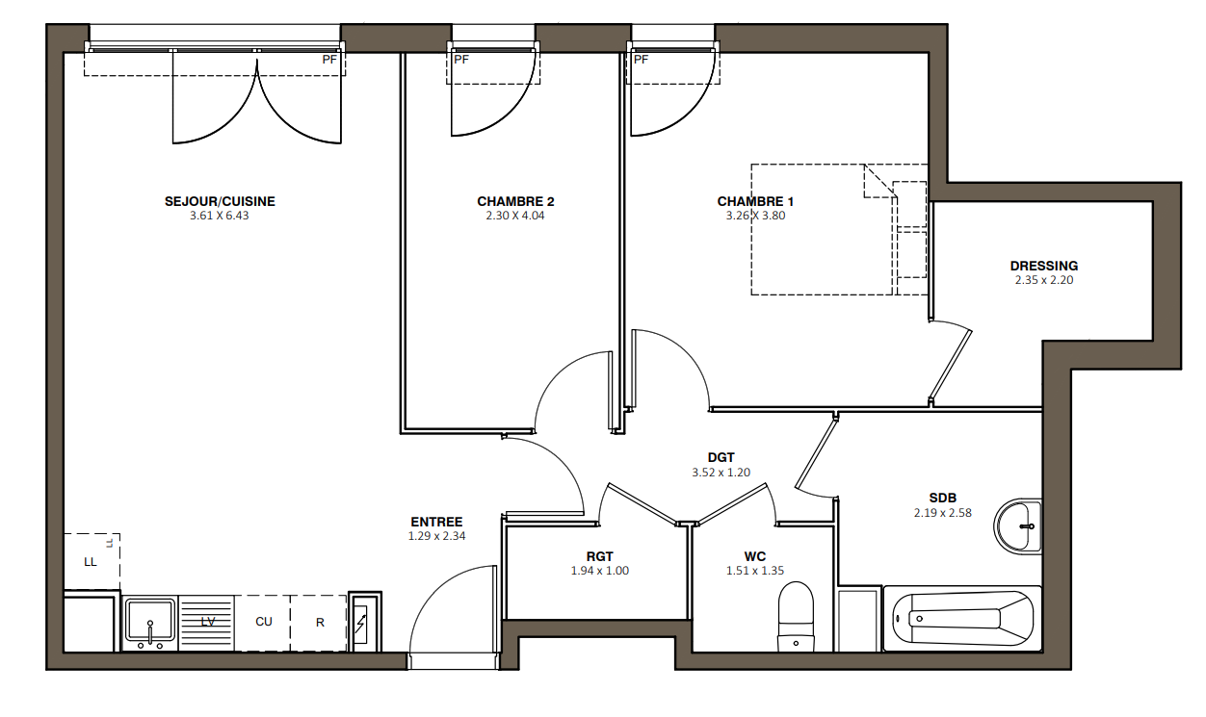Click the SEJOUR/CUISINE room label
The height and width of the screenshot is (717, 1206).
[220, 201]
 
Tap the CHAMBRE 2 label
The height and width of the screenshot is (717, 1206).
[515, 201]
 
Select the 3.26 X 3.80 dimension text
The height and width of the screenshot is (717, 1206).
[755, 216]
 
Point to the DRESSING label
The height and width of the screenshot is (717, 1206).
[1044, 266]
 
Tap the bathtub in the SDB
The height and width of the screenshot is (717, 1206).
[962, 619]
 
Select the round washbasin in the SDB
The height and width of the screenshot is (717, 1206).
[1017, 526]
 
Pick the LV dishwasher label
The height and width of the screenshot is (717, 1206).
[208, 622]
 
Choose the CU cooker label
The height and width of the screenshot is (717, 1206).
[264, 622]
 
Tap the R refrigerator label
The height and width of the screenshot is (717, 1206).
[320, 623]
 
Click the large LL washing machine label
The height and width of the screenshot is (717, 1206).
[90, 562]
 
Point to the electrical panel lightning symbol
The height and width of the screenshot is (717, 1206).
[360, 624]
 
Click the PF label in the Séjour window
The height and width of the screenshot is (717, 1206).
[329, 60]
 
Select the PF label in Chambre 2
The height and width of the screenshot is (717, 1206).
[461, 60]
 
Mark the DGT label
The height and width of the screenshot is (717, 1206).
[721, 458]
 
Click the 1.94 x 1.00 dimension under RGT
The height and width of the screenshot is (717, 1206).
[600, 571]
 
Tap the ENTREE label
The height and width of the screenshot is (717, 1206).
[436, 522]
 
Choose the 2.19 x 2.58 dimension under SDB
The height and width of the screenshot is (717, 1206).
[943, 513]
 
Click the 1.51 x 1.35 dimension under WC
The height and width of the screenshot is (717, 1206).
[755, 571]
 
